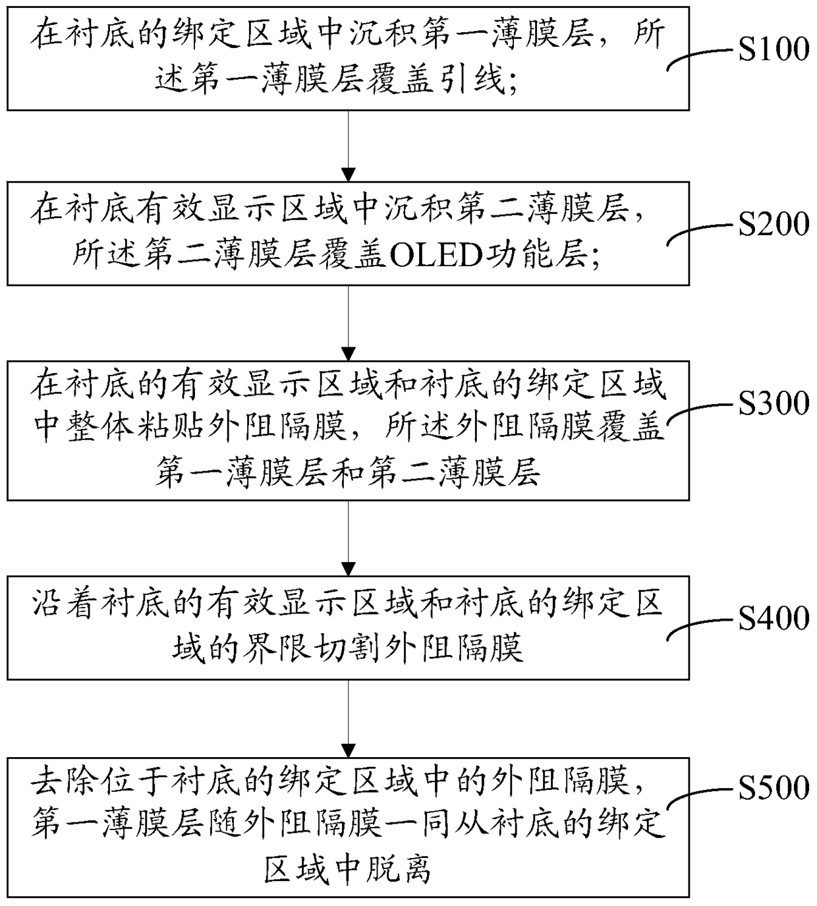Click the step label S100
774,49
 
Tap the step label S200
774,224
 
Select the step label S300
774,403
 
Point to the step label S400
774,618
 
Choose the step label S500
774,787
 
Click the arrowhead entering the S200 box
348,175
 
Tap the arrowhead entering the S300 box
348,354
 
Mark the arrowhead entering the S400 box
348,569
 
